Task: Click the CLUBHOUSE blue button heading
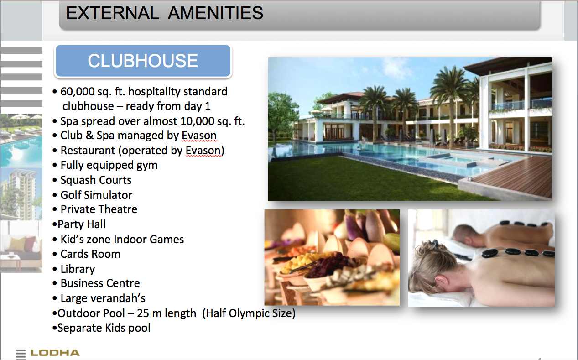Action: pyautogui.click(x=143, y=61)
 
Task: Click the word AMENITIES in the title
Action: pyautogui.click(x=215, y=13)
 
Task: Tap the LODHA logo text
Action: pyautogui.click(x=55, y=353)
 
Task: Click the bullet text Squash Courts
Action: pyautogui.click(x=96, y=180)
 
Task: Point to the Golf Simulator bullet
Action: pyautogui.click(x=96, y=195)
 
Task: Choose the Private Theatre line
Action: pyautogui.click(x=99, y=209)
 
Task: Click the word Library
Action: pyautogui.click(x=78, y=269)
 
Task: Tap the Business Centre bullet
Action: pyautogui.click(x=100, y=283)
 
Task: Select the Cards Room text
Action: pyautogui.click(x=90, y=254)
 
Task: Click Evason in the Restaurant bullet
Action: pyautogui.click(x=203, y=151)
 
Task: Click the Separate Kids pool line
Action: pyautogui.click(x=104, y=328)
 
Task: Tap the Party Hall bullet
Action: pyautogui.click(x=82, y=224)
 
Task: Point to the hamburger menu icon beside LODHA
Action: pyautogui.click(x=21, y=354)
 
